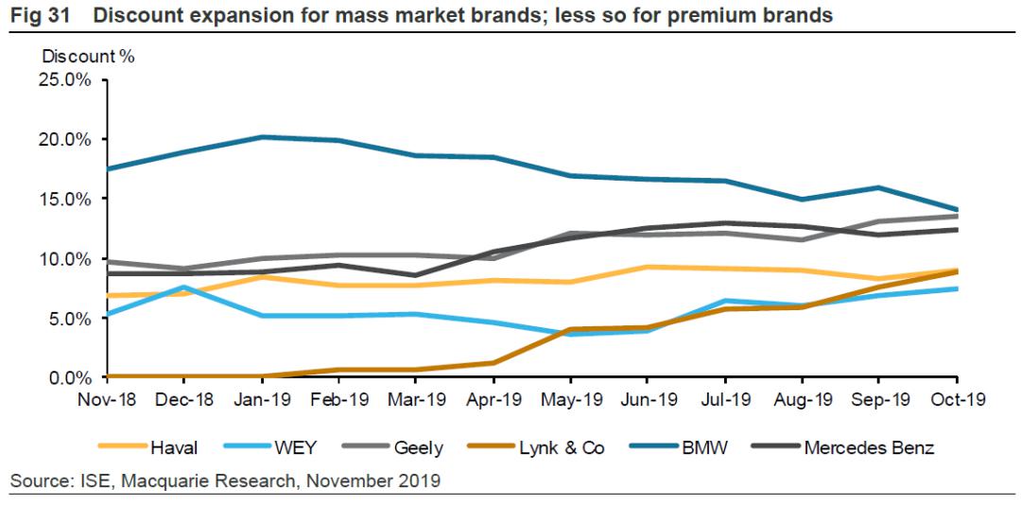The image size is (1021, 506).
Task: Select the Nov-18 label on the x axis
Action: pyautogui.click(x=109, y=399)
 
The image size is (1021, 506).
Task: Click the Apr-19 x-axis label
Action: pyautogui.click(x=495, y=399)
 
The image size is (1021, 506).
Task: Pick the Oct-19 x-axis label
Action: pyautogui.click(x=959, y=399)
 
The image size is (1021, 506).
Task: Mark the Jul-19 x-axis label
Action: pyautogui.click(x=727, y=399)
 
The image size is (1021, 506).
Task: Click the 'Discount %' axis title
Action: pyautogui.click(x=88, y=56)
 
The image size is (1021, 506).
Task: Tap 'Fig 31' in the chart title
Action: pyautogui.click(x=35, y=16)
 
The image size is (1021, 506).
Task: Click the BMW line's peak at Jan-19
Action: pyautogui.click(x=263, y=137)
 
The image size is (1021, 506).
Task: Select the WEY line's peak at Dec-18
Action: pyautogui.click(x=186, y=287)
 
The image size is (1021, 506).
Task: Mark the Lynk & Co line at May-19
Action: pyautogui.click(x=572, y=329)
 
